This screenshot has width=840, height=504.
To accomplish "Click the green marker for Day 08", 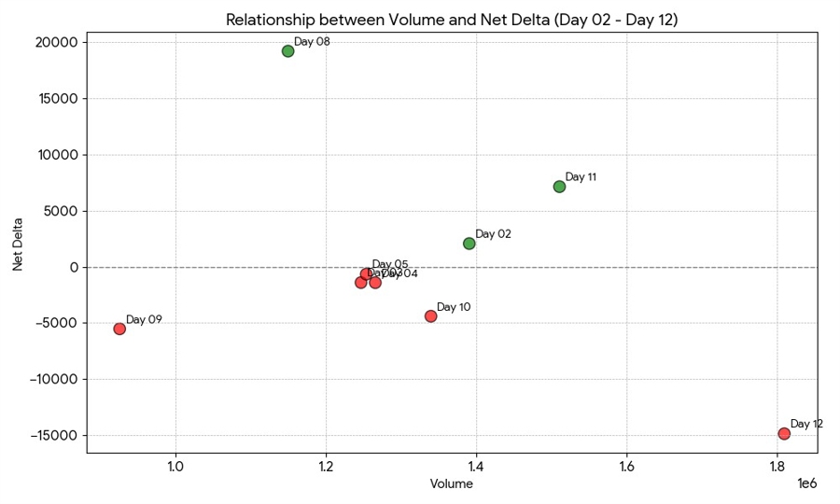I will (287, 51).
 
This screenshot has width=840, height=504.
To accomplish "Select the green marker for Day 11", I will (559, 187).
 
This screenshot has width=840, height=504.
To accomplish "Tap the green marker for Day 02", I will (469, 244).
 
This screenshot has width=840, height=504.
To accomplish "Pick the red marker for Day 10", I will (430, 316).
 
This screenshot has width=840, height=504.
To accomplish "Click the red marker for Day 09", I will (119, 329).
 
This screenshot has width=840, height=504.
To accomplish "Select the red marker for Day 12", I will (784, 434).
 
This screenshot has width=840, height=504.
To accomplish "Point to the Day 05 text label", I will (390, 265).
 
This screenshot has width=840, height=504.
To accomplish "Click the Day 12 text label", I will (806, 424).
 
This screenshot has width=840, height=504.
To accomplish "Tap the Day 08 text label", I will (312, 42).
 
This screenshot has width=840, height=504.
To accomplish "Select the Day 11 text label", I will (581, 177).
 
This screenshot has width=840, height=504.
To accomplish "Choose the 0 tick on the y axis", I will (76, 267).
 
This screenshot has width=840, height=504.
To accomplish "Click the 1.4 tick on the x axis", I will (476, 467).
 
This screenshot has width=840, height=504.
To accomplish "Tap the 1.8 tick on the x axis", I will (777, 467).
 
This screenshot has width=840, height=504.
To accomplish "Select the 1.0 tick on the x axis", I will (175, 467).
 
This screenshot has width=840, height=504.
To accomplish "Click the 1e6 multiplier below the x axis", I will (807, 483).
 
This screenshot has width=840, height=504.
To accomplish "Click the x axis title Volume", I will (452, 484).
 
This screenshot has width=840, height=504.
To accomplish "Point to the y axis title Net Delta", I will (19, 244).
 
